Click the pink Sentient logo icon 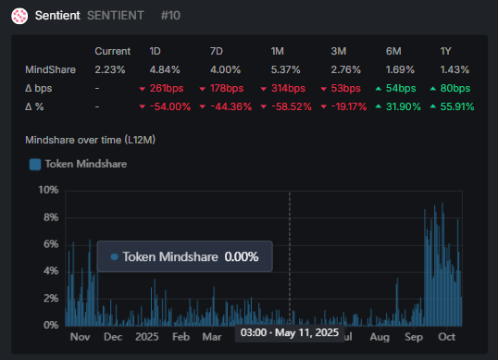[19, 17]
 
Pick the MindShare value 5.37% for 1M [286, 69]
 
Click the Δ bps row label [41, 88]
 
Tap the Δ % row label [36, 106]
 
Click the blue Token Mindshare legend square [35, 164]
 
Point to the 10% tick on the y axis [47, 190]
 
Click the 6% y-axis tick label [50, 244]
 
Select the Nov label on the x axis [80, 337]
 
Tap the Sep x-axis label [415, 337]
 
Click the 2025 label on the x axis [147, 337]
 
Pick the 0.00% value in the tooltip [242, 256]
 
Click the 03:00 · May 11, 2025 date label [290, 331]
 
